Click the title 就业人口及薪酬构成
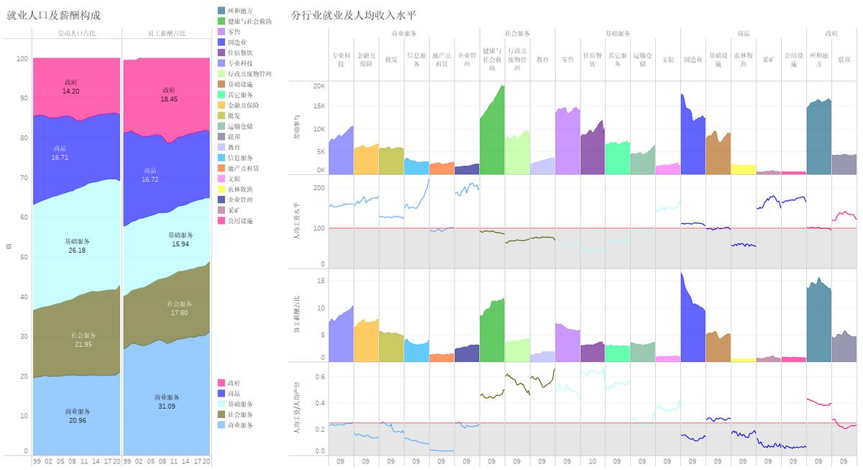53,15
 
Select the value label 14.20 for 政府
70,91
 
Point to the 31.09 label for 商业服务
167,407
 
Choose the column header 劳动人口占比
76,33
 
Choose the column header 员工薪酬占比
165,33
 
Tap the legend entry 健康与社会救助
249,22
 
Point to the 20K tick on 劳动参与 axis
319,86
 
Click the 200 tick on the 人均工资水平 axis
319,188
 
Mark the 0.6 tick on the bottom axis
319,376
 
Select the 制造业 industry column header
693,60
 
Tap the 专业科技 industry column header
341,60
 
